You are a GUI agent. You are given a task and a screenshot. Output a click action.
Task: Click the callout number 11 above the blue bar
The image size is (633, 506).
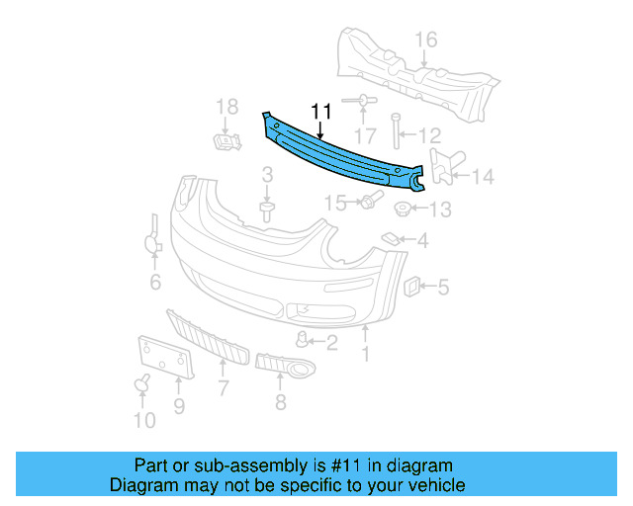tap(321, 112)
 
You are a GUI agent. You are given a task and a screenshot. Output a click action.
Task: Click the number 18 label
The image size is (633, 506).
tap(227, 106)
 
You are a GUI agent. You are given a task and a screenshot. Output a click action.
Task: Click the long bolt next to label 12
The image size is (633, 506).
tap(395, 134)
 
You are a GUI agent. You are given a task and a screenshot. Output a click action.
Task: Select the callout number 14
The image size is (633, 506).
tap(482, 178)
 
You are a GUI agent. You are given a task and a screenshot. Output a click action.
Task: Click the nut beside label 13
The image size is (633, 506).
tap(403, 210)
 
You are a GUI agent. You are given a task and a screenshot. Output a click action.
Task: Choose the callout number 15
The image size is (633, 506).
tap(336, 204)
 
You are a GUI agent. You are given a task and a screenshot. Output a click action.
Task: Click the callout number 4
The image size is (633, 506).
tap(422, 240)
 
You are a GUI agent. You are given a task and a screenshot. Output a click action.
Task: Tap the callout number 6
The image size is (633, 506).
tap(155, 284)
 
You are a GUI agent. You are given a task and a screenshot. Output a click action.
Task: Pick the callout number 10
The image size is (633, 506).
tap(144, 421)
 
